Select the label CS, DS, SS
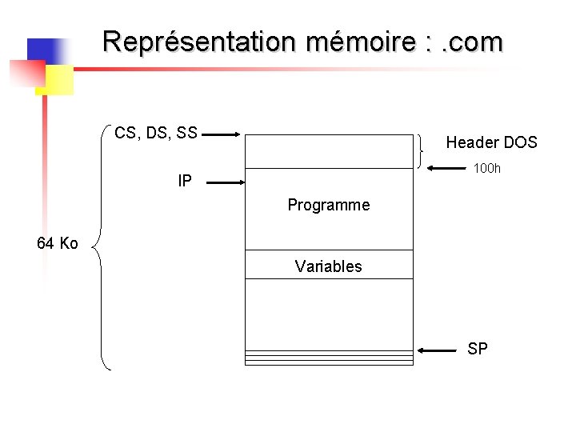coord(156,133)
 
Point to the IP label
coord(185,182)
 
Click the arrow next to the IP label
coord(223,183)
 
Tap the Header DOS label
coord(491,142)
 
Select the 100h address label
coord(486,168)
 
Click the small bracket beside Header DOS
coord(421,151)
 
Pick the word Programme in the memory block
coord(329,205)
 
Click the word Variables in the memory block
coord(328,266)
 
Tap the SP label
coord(478,349)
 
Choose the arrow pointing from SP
coord(439,350)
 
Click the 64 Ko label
coord(58,243)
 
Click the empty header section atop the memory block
coord(329,151)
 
